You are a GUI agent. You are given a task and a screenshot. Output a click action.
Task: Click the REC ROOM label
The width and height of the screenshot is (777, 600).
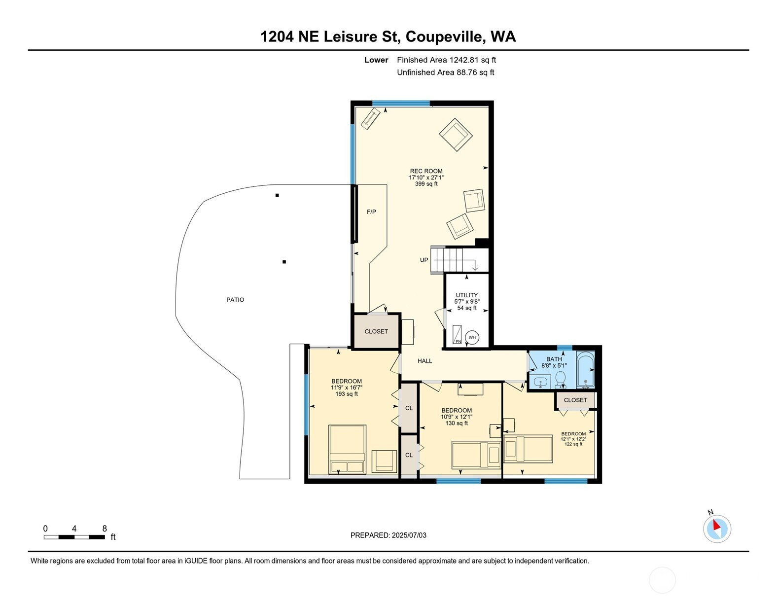[x=426, y=171]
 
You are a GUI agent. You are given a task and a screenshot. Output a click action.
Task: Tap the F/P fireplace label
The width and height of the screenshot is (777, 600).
[x=372, y=212]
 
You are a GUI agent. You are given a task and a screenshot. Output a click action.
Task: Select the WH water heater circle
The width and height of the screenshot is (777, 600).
[x=472, y=337]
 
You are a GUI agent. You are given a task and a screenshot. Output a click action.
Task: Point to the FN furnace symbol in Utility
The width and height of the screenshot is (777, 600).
[x=457, y=334]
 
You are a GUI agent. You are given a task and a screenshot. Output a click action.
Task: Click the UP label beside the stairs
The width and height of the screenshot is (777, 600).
[x=424, y=260]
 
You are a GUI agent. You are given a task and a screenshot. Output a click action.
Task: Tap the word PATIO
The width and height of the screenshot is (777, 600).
[x=235, y=300]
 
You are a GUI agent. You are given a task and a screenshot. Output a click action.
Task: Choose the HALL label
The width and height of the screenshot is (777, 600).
[x=425, y=361]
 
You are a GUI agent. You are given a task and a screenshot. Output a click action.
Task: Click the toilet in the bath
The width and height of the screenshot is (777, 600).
[x=560, y=380]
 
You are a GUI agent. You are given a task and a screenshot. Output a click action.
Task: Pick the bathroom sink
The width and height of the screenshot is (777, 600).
[x=540, y=382]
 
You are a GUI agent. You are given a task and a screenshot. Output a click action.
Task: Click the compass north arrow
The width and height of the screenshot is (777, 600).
[x=716, y=525]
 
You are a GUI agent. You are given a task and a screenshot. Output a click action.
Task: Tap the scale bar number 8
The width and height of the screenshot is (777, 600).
[x=105, y=529]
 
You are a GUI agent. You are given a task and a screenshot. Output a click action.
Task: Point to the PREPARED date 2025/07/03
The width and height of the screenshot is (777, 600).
[x=409, y=535]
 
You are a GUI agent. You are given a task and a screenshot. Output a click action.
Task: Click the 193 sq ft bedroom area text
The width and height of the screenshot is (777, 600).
[x=347, y=394]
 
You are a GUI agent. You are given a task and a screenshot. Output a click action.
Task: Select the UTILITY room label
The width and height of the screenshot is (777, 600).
[x=466, y=295]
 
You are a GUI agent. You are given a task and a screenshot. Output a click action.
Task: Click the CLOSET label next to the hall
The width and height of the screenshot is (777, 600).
[x=376, y=331]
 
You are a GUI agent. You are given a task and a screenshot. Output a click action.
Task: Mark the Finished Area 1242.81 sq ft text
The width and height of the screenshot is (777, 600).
[x=446, y=60]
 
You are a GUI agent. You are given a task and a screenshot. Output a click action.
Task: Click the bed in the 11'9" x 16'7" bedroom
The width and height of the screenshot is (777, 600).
[x=347, y=450]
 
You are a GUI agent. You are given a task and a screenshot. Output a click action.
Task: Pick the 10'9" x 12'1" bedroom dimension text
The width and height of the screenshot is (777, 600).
[x=457, y=417]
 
